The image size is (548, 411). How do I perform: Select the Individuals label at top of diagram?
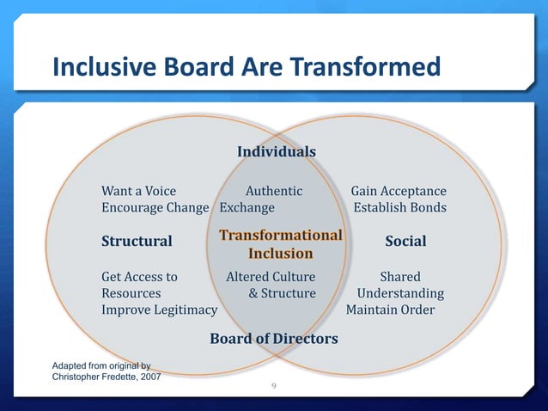(276, 152)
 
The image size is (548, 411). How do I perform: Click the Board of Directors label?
(274, 339)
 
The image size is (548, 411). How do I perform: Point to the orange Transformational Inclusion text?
(280, 244)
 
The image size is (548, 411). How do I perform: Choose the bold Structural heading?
(137, 242)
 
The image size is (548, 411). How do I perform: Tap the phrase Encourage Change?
(155, 208)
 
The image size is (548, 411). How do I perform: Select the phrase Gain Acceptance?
(399, 191)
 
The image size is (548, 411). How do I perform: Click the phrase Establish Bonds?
(399, 208)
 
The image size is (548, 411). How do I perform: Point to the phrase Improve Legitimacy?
(159, 310)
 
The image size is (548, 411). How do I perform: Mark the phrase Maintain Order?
(390, 310)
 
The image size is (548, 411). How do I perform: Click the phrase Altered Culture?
(270, 277)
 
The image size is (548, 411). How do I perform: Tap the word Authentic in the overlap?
(274, 191)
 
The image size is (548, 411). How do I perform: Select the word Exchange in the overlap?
(247, 208)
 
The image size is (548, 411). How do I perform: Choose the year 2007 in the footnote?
(146, 377)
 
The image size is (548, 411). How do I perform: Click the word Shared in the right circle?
(400, 277)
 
